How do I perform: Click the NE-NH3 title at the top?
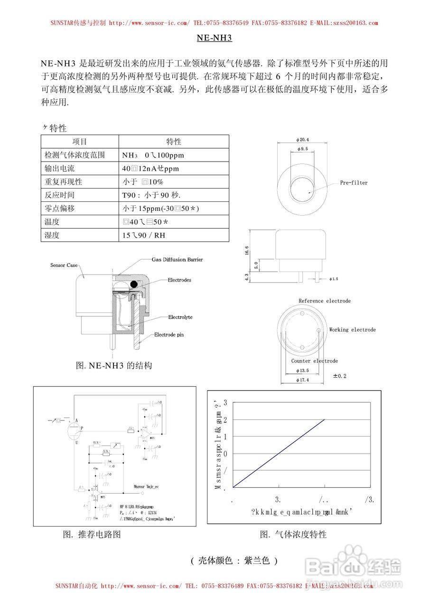coord(214,38)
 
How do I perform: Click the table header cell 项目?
coord(80,142)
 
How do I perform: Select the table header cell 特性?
coord(174,142)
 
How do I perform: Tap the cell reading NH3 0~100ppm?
coord(153,155)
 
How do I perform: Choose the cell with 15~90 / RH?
coord(144,235)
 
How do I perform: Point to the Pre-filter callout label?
coord(354,183)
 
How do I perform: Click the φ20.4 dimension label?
coord(302,140)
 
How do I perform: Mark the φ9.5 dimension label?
coord(302,149)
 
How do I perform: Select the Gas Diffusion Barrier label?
coord(177,260)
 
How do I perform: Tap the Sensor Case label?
coord(64,265)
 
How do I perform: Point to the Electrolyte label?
coord(180,317)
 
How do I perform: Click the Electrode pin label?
coord(168,335)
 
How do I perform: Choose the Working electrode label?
coord(352,330)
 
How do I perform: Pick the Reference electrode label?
coord(325,301)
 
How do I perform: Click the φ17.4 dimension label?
coord(302,380)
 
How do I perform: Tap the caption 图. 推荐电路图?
coord(92,534)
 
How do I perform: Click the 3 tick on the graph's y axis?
coord(225,403)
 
